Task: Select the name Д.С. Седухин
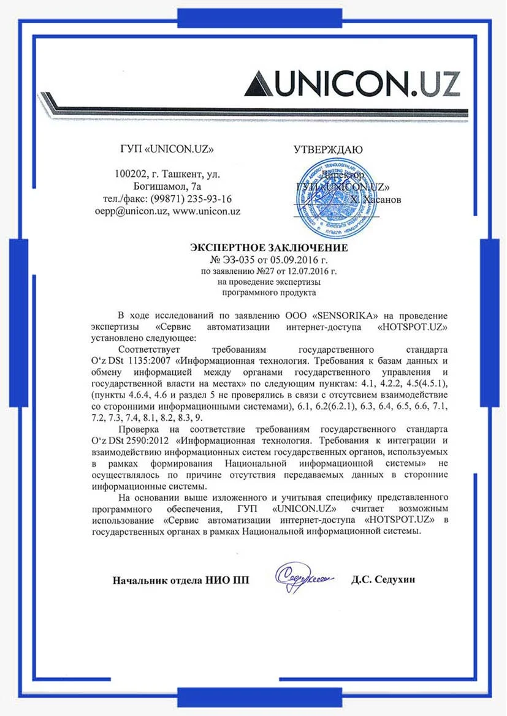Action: (383, 579)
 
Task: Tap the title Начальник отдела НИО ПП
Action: (181, 579)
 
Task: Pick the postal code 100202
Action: (132, 175)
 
